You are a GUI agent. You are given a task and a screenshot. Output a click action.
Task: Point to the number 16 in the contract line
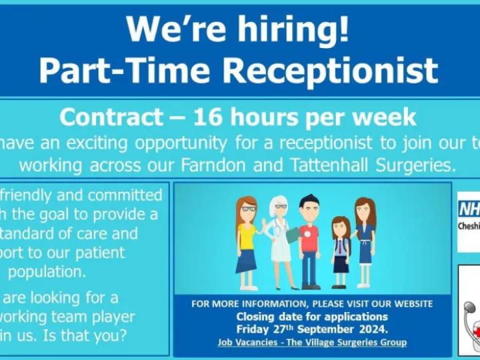[x=207, y=117]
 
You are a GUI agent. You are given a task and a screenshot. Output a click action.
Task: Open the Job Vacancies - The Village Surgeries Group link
[x=312, y=342]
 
